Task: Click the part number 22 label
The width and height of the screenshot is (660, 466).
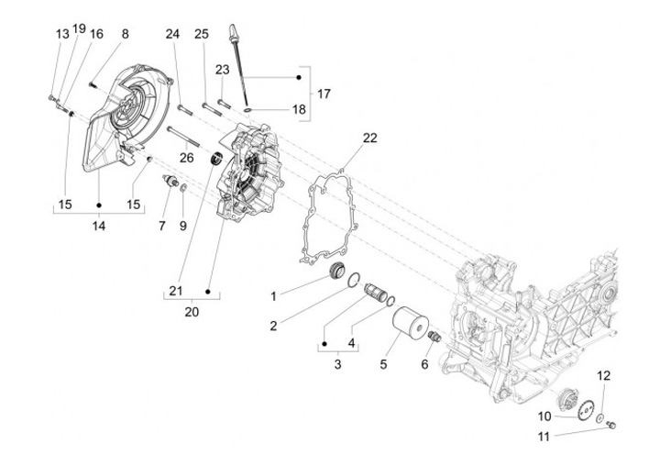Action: (369, 139)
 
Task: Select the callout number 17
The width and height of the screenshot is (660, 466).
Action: (324, 94)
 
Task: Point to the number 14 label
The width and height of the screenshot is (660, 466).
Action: (98, 226)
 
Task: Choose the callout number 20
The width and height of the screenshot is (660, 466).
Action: (191, 312)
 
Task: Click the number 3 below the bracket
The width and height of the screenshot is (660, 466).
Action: (337, 365)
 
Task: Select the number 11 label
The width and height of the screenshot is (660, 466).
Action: (543, 437)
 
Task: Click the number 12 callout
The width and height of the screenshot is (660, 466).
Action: (603, 375)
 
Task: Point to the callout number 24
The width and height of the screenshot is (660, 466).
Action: (171, 35)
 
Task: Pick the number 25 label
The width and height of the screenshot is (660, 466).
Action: (202, 35)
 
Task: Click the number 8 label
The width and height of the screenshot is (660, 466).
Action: (125, 34)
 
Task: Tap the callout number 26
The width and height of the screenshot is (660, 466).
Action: (187, 157)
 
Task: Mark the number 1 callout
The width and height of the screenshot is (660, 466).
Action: (272, 295)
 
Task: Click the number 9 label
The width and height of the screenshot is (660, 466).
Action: (182, 225)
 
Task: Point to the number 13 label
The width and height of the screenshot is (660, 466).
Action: (62, 34)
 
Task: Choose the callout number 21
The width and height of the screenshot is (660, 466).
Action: (175, 292)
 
